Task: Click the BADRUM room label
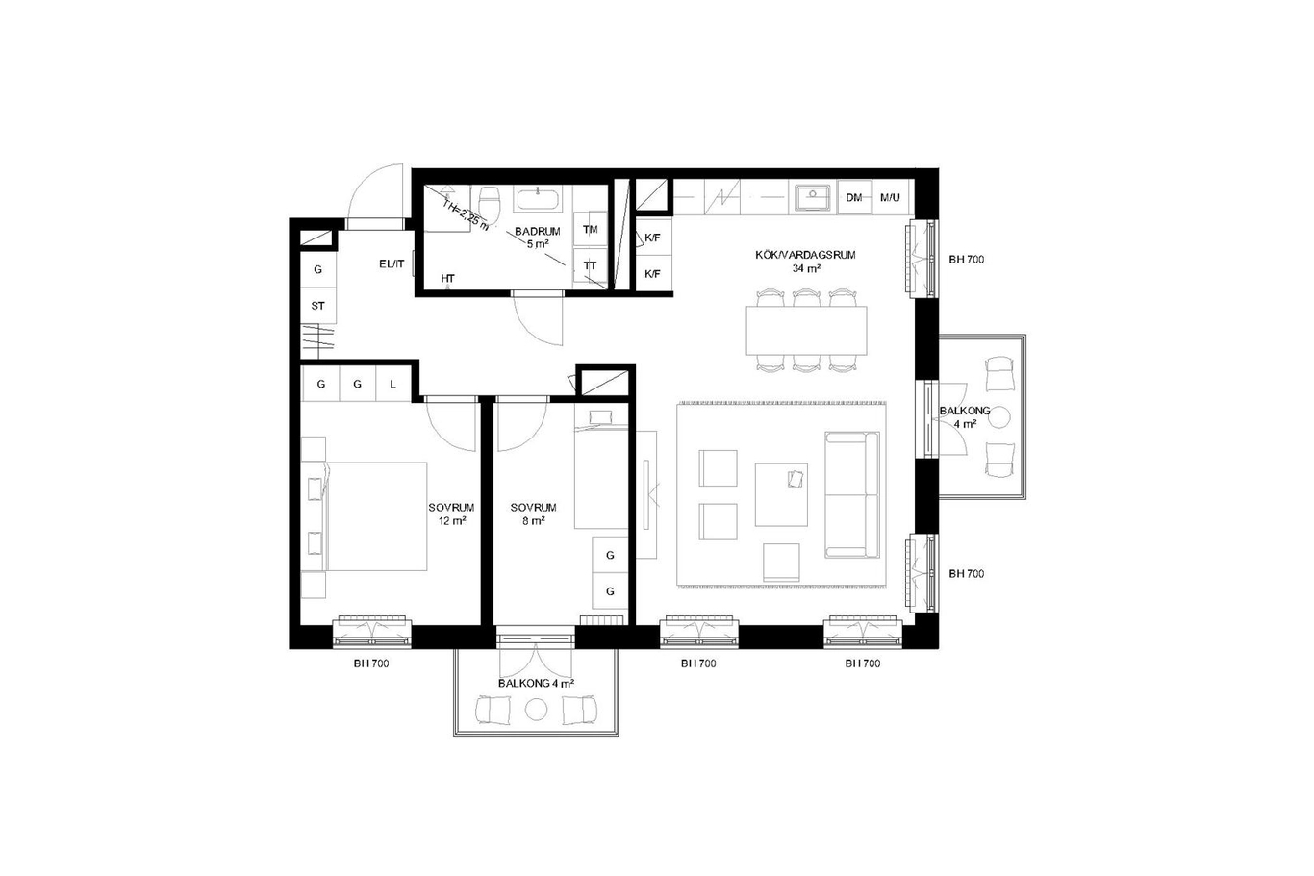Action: [x=538, y=238]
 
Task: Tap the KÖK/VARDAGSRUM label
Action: [x=805, y=262]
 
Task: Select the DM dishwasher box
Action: [x=854, y=197]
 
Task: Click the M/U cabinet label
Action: [x=890, y=197]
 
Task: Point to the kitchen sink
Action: [x=813, y=197]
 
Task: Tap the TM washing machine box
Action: [x=590, y=229]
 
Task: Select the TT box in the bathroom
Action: [x=590, y=265]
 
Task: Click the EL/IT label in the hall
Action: [x=392, y=263]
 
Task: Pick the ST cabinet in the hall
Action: [x=318, y=306]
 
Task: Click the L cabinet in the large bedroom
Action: [x=393, y=384]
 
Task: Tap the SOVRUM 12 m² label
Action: [x=452, y=513]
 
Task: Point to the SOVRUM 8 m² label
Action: [x=533, y=513]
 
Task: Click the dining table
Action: [x=806, y=330]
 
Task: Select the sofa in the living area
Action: [x=852, y=495]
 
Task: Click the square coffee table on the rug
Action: [x=781, y=495]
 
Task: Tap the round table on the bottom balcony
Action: [x=536, y=710]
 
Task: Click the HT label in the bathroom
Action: [x=447, y=279]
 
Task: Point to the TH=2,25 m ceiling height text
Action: [x=466, y=215]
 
